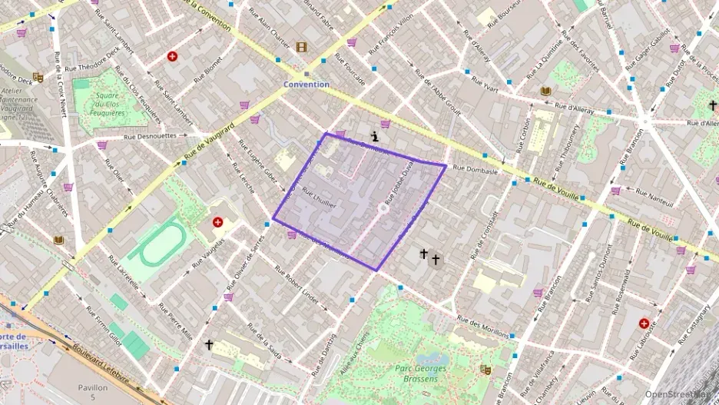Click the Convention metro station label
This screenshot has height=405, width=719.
[x=306, y=84]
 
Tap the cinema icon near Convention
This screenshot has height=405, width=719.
[x=301, y=47]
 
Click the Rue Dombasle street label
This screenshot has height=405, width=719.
[x=475, y=169]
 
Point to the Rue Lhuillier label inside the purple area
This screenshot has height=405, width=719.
[x=320, y=198]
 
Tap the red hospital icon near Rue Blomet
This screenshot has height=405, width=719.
[x=172, y=56]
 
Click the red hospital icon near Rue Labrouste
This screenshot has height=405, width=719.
[x=644, y=324]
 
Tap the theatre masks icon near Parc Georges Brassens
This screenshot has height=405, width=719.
[x=485, y=370]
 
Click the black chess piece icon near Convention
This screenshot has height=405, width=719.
[x=375, y=136]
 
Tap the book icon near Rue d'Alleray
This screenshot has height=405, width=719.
[x=545, y=91]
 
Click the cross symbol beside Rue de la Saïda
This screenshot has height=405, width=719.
[x=208, y=345]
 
